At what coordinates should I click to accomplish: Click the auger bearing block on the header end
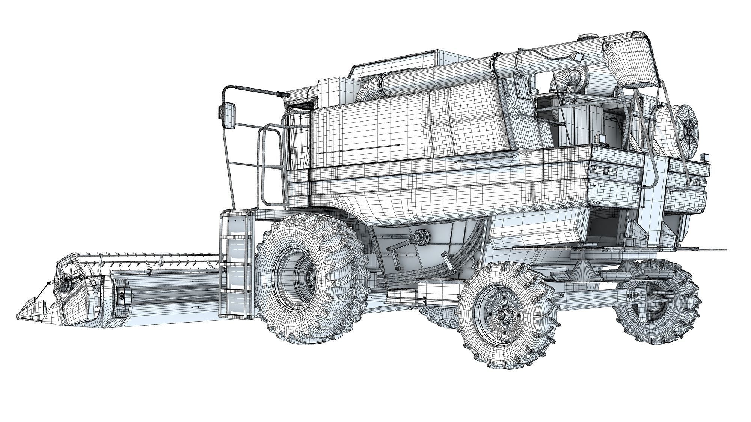121,296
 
